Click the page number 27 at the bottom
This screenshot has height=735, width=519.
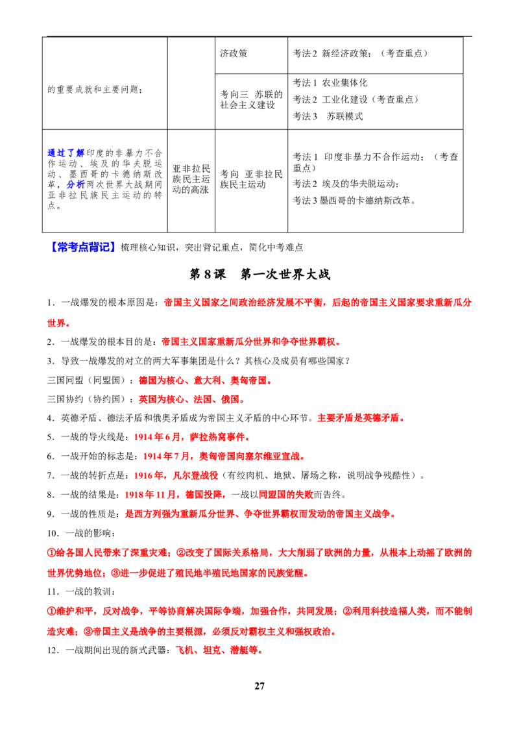[259, 686]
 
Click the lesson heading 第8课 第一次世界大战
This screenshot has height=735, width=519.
[259, 274]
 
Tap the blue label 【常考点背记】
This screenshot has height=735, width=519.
[82, 247]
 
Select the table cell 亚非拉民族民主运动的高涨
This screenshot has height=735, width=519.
[191, 179]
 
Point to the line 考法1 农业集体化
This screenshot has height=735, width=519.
[330, 82]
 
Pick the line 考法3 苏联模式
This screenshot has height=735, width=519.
[328, 116]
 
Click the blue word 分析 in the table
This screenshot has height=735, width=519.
[75, 184]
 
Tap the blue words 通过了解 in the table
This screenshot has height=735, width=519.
[66, 153]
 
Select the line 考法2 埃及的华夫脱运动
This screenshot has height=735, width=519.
[346, 183]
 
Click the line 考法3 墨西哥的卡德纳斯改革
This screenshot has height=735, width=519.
[354, 200]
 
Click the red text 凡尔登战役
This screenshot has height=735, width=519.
[195, 475]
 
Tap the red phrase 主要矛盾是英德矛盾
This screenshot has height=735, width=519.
[361, 417]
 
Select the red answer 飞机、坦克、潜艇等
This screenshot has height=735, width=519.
[219, 650]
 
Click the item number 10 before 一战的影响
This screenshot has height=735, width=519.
[53, 533]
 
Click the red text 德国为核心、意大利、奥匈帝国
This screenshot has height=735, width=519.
[206, 380]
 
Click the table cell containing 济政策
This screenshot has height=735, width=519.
[251, 55]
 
